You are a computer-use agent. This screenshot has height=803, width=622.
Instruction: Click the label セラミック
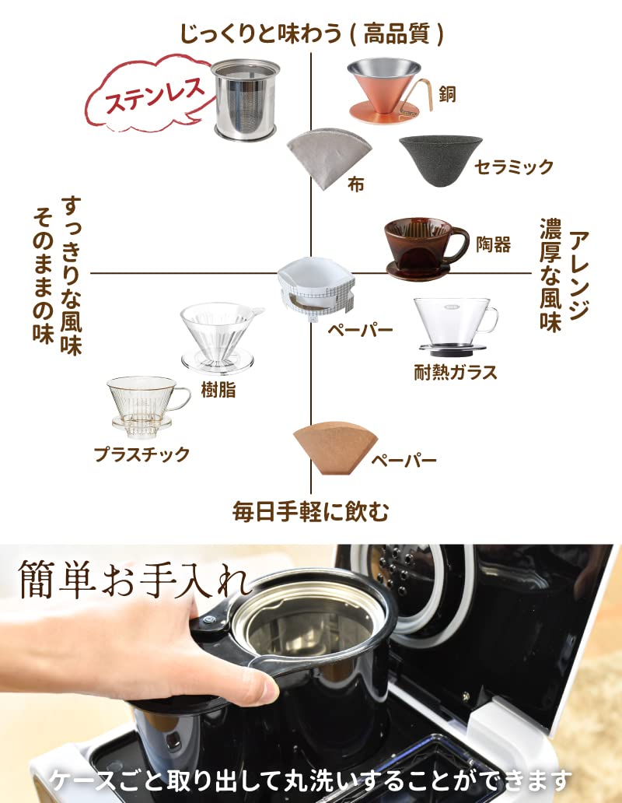(x=514, y=167)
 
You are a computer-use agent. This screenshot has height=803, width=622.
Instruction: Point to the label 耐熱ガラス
(x=455, y=372)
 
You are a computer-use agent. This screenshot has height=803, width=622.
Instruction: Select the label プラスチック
(x=142, y=454)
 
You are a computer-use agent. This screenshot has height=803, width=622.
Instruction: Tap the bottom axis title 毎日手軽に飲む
(x=311, y=511)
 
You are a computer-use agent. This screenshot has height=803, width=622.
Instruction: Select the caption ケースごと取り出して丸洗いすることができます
(x=311, y=779)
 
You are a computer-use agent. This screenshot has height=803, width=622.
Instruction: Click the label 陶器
(x=493, y=244)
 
